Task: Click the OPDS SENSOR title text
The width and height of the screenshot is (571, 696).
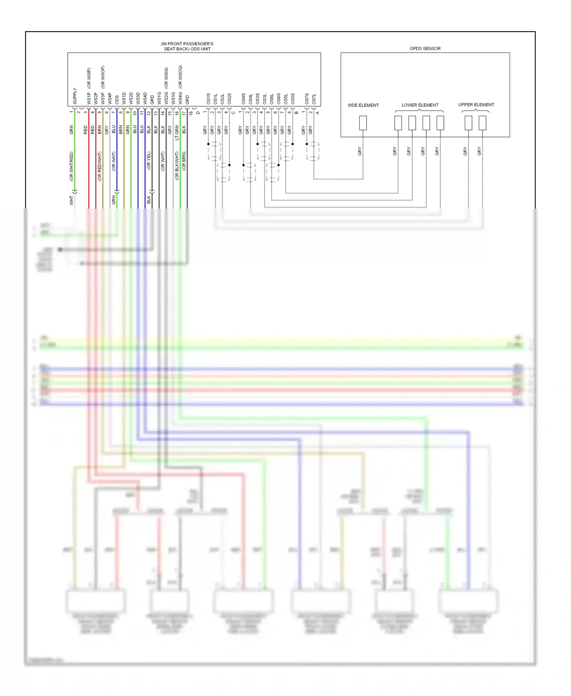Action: click(425, 49)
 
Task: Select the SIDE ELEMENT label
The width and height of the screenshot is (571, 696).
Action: click(363, 105)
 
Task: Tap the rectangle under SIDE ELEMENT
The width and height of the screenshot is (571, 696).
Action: click(363, 123)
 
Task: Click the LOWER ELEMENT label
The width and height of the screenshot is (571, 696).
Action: click(420, 105)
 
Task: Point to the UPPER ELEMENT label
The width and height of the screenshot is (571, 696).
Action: click(476, 105)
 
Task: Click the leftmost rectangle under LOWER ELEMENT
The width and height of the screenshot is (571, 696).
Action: click(398, 123)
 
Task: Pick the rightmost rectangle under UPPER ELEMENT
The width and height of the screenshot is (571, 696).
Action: click(482, 123)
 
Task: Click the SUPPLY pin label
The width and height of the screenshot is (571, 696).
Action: click(75, 96)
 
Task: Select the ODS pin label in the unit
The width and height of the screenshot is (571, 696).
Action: click(117, 99)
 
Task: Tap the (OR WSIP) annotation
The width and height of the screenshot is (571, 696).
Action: click(89, 78)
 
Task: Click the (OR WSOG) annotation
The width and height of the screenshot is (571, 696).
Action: click(180, 77)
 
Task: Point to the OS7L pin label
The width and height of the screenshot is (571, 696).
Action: click(314, 99)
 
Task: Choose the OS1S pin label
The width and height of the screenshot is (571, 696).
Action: click(208, 99)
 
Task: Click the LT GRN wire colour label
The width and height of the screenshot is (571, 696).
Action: click(177, 132)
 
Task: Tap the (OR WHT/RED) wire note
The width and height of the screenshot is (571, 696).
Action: click(71, 166)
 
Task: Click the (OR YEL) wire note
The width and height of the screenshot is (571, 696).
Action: click(149, 161)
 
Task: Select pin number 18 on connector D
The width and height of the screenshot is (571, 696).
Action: click(191, 113)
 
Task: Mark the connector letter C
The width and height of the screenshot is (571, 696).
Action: click(233, 113)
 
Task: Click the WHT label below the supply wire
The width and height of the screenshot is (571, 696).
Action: click(71, 200)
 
